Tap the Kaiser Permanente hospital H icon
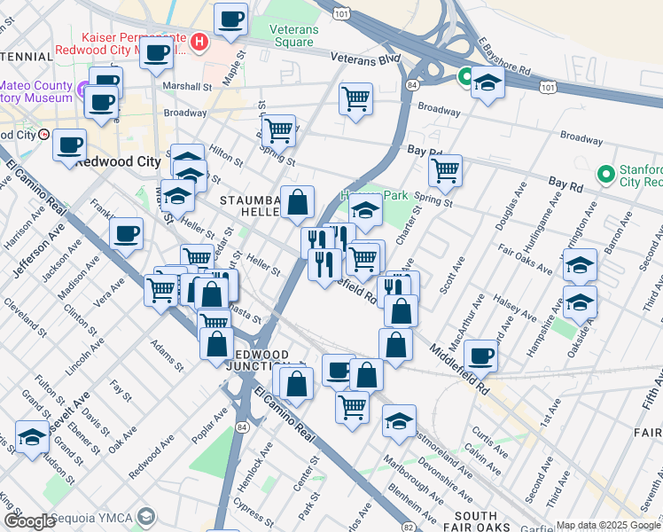point(200,41)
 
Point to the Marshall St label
point(188,87)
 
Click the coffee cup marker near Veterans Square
point(231,19)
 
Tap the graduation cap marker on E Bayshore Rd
point(487,82)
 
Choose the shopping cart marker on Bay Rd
point(444,168)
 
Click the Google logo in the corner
point(29,521)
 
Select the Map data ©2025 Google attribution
point(608,525)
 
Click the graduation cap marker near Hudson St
point(33,438)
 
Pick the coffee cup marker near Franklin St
point(126,233)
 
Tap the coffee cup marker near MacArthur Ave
point(480,355)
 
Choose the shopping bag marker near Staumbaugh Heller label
point(298,202)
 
